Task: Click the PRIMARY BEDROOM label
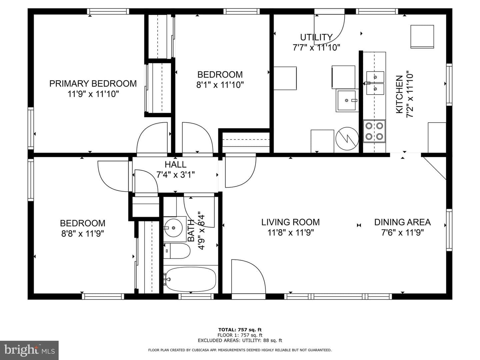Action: [x=93, y=84]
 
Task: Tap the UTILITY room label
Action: [x=316, y=37]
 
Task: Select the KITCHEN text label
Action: [x=400, y=94]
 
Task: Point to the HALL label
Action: [x=175, y=164]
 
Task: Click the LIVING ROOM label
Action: [x=290, y=222]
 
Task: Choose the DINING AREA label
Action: [x=402, y=222]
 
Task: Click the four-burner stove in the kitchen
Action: [x=374, y=131]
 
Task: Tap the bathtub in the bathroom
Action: [x=191, y=279]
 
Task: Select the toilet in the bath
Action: [x=177, y=251]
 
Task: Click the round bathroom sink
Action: [x=173, y=227]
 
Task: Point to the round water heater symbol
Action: [x=347, y=139]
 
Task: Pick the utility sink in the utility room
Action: [x=347, y=101]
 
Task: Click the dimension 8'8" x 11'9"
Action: [x=82, y=234]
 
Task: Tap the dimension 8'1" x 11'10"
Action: [x=220, y=85]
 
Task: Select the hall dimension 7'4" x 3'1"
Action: [x=175, y=175]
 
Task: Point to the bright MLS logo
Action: [x=29, y=350]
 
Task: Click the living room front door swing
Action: [x=249, y=276]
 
